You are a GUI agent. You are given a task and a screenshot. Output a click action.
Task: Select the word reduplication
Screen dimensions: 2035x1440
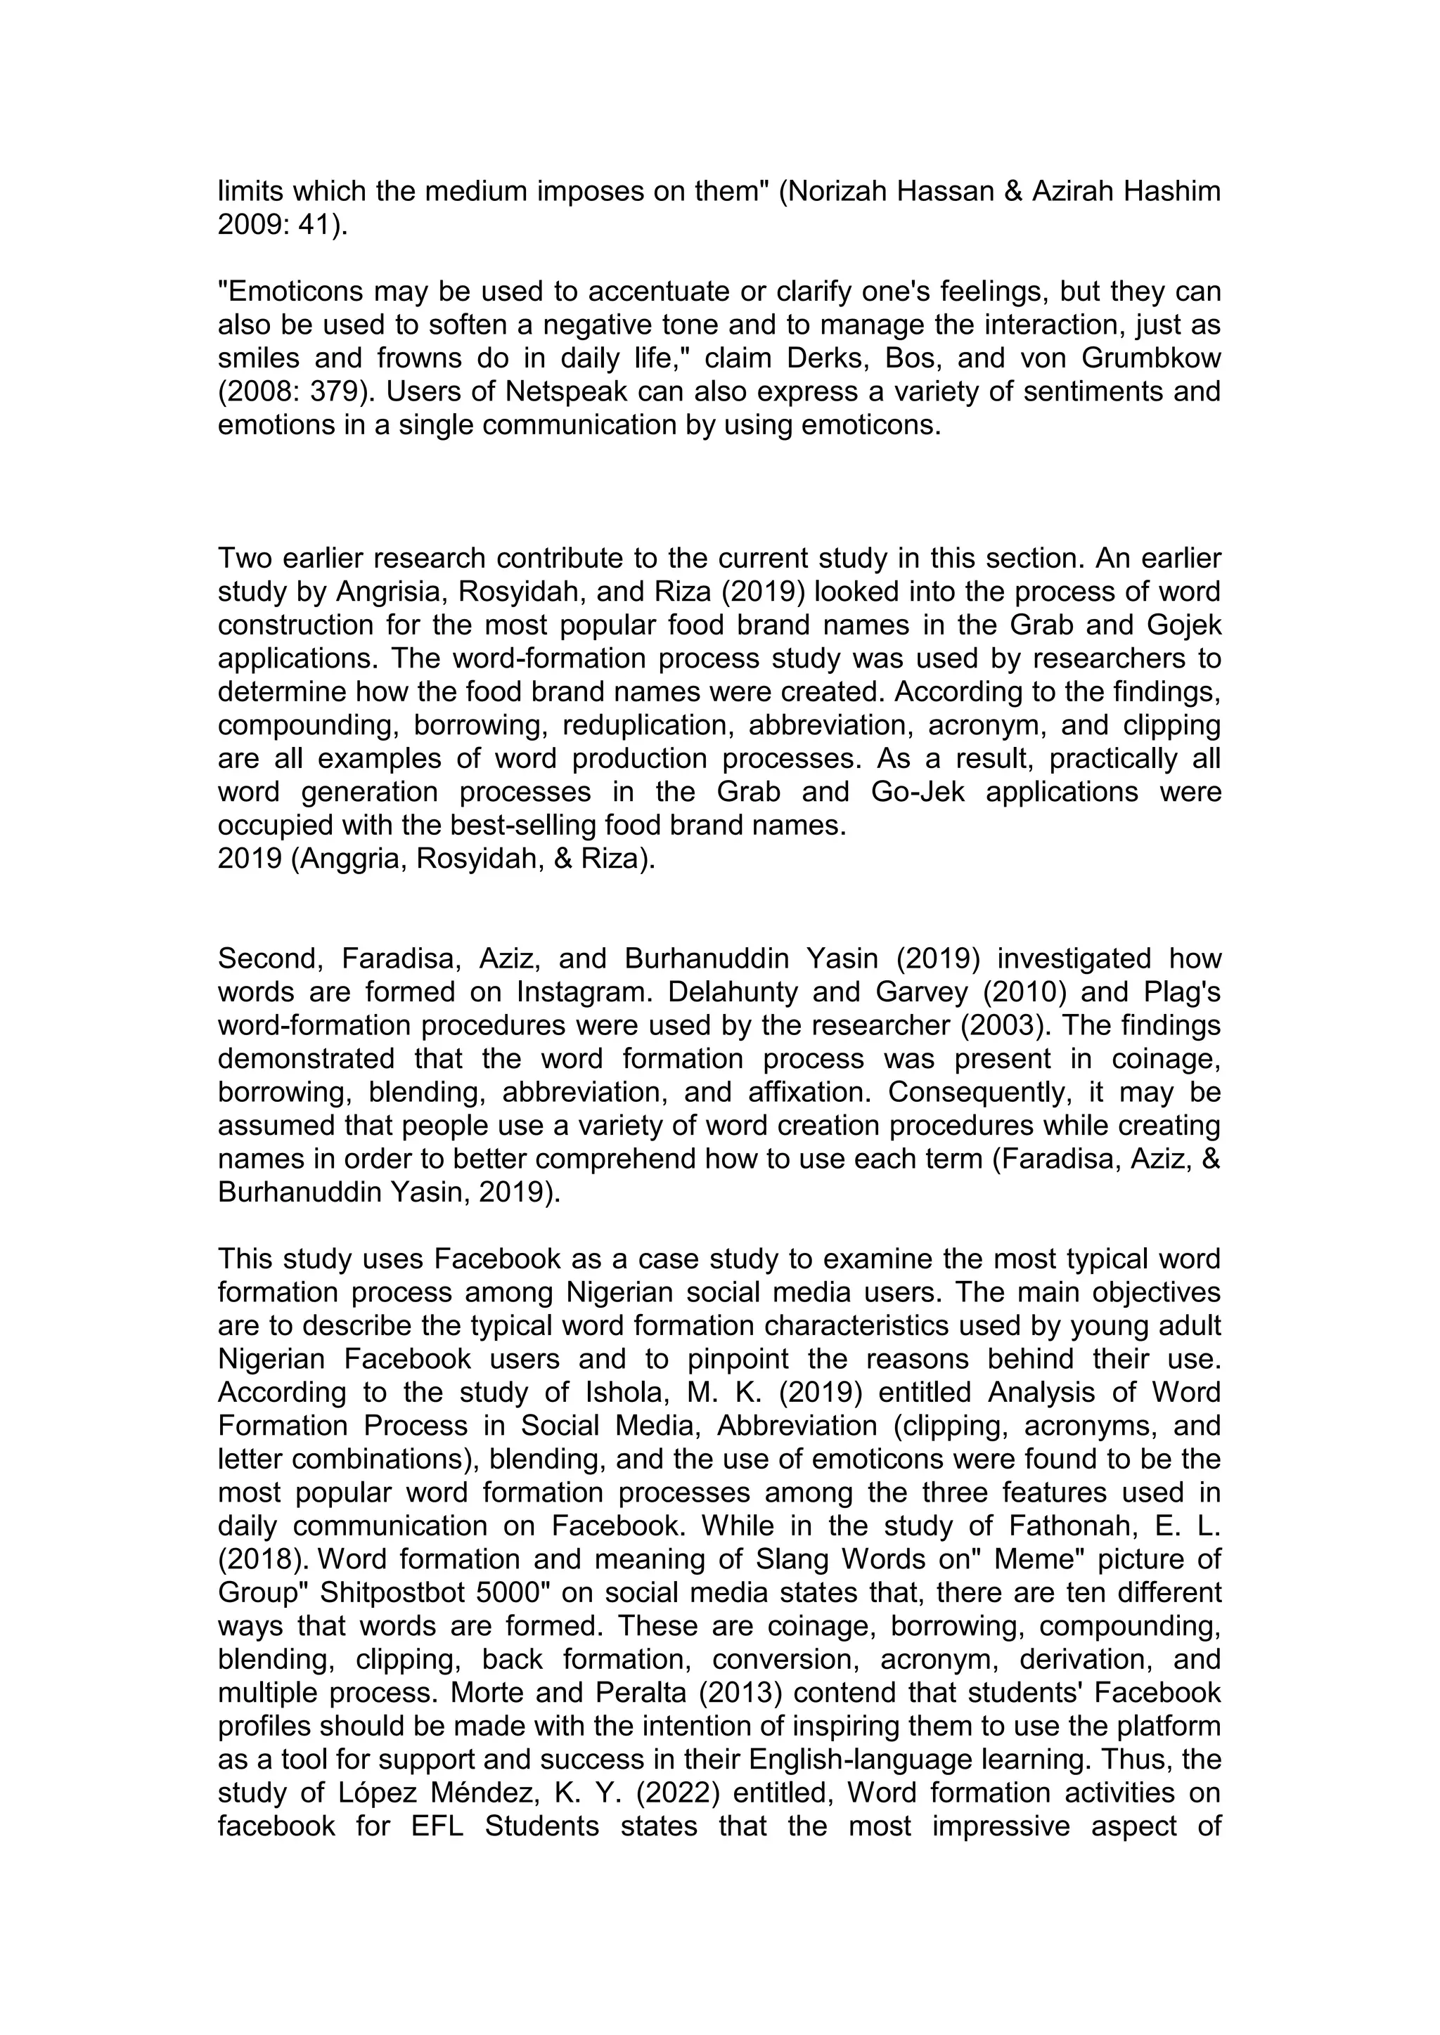click(x=645, y=725)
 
